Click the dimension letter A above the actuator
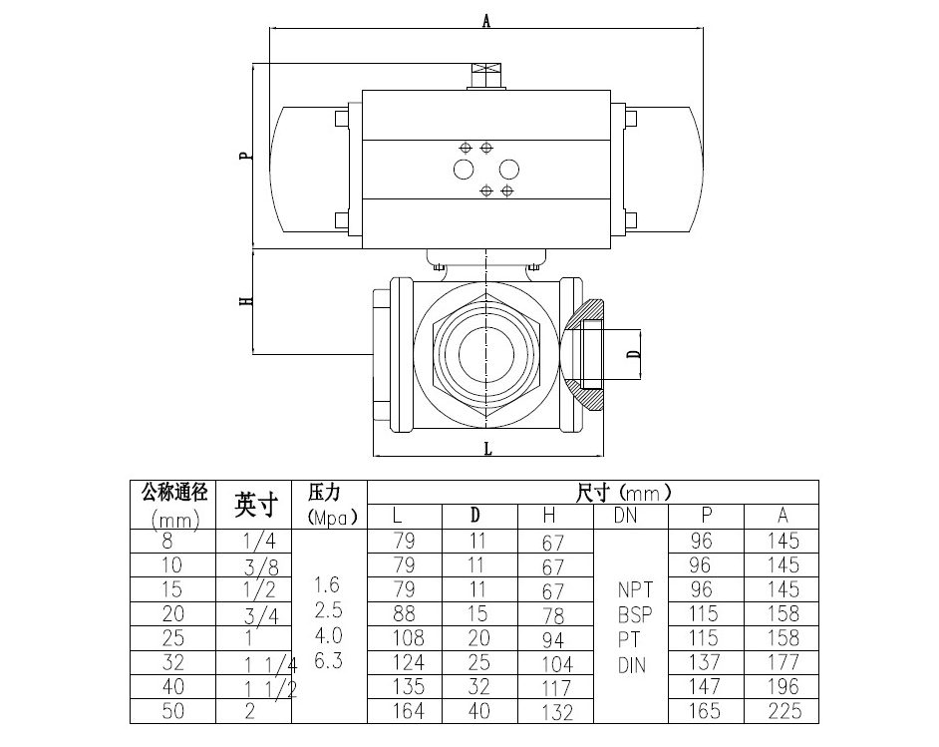pos(486,20)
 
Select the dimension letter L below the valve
pos(488,449)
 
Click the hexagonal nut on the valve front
pos(487,355)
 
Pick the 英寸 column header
pos(255,505)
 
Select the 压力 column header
pos(325,493)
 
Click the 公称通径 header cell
pos(174,492)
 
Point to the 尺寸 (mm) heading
pos(624,493)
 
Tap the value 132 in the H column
pos(556,713)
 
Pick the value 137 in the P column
pos(707,663)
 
